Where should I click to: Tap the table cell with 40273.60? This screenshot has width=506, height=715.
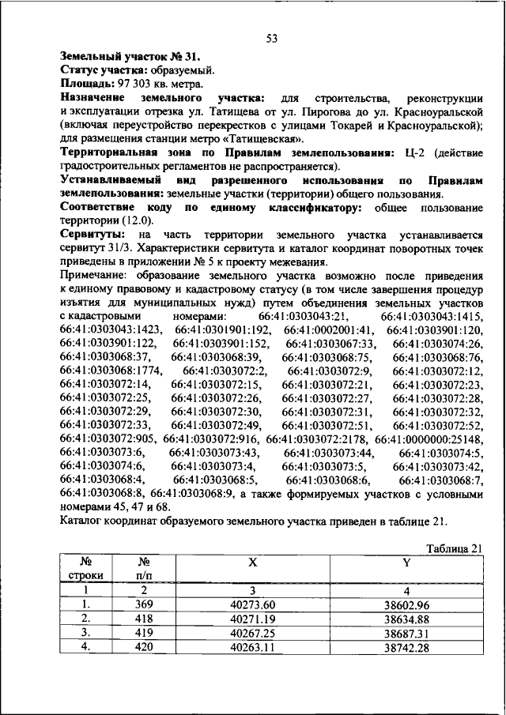(x=252, y=604)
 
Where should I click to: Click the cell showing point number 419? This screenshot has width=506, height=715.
(x=143, y=633)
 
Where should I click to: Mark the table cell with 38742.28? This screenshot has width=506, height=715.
(x=406, y=647)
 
